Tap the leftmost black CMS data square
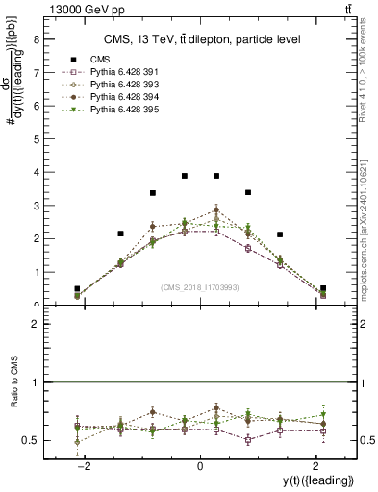coord(77,288)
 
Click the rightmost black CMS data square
coord(323,288)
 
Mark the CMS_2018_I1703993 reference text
coord(199,287)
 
